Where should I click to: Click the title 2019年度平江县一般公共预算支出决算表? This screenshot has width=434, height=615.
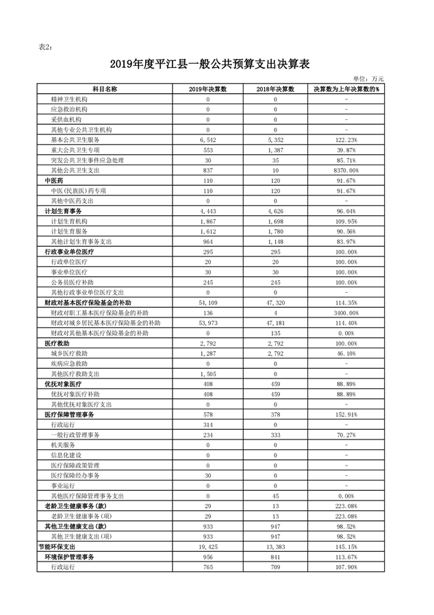pyautogui.click(x=210, y=64)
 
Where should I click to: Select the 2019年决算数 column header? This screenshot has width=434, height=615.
pyautogui.click(x=207, y=90)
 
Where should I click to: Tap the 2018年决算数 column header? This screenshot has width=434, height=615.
pyautogui.click(x=275, y=90)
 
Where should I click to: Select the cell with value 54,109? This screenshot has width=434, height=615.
pyautogui.click(x=207, y=302)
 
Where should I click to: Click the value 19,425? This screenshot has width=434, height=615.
pyautogui.click(x=207, y=547)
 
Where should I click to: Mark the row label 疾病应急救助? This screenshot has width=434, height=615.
pyautogui.click(x=69, y=363)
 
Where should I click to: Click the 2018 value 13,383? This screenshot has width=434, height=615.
pyautogui.click(x=275, y=547)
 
